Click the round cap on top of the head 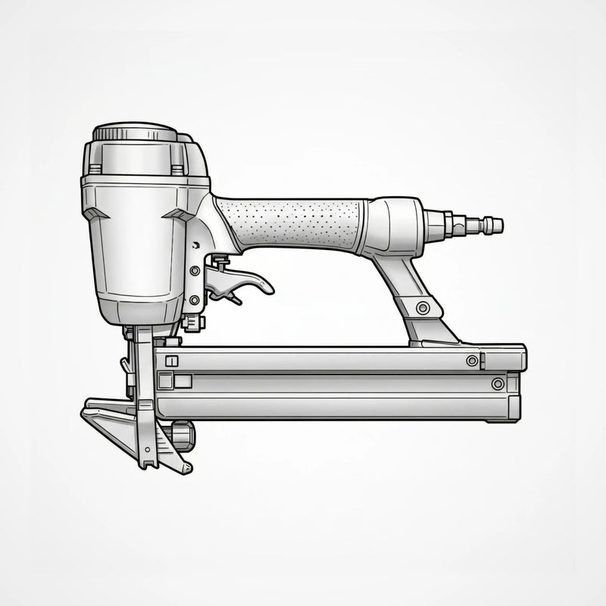135,133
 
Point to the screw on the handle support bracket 423,308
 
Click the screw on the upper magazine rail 472,361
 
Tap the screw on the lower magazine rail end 498,384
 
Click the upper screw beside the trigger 195,270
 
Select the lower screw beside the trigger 195,300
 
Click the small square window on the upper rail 171,361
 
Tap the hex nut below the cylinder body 192,323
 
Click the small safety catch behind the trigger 220,262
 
